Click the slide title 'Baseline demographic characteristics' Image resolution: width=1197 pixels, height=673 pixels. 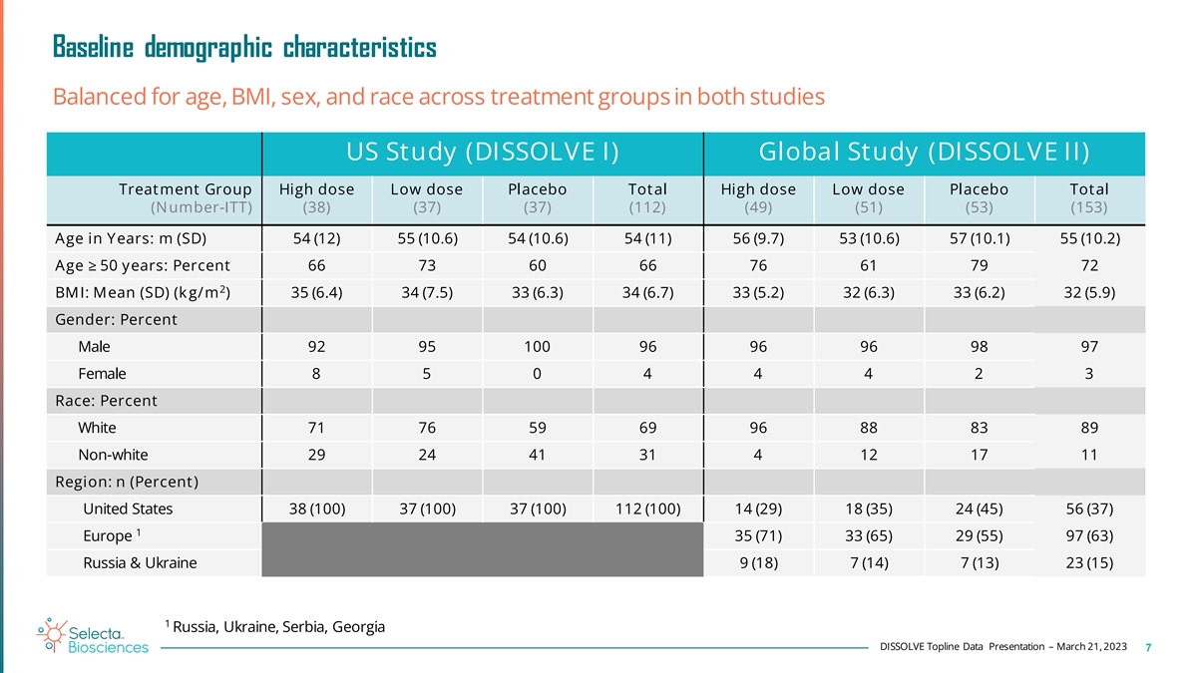pos(243,47)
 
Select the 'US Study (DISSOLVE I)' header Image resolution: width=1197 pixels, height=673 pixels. pos(481,153)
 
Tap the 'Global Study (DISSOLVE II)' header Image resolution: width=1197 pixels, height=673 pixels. pos(923,153)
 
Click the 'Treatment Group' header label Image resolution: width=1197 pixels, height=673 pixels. pos(185,189)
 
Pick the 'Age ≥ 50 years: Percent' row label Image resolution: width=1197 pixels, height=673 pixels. pos(143,265)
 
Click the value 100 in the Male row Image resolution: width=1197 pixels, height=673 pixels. pos(537,348)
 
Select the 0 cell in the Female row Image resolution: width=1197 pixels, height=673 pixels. pos(537,374)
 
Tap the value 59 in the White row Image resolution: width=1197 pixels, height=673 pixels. pos(537,428)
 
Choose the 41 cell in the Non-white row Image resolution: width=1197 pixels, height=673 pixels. pos(537,455)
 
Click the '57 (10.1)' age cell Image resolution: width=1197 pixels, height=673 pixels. pos(979,237)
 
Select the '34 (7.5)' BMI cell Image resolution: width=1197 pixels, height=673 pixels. pos(426,293)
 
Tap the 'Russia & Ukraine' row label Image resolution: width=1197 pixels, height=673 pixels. pos(140,562)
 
